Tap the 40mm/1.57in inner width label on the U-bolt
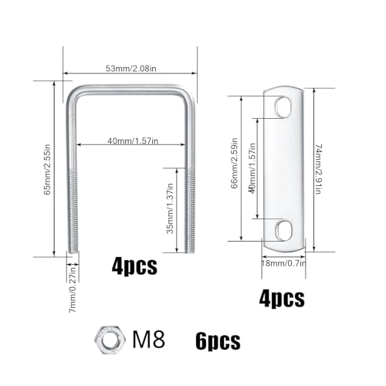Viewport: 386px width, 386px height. point(130,141)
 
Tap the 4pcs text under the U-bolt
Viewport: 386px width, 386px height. point(134,268)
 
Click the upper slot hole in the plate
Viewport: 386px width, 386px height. point(283,106)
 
